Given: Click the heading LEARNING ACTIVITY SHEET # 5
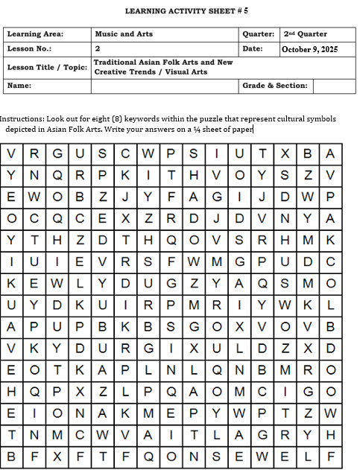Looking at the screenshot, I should [186, 12].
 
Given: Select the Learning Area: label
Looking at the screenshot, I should [35, 34].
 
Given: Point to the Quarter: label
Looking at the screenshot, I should [258, 34].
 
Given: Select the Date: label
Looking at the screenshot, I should [253, 48].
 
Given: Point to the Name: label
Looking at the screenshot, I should [19, 86].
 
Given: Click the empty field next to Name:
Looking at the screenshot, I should [164, 86].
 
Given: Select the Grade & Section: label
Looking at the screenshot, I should [275, 86].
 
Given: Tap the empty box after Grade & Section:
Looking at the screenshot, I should [333, 86].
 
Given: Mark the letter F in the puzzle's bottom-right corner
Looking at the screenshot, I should [331, 454].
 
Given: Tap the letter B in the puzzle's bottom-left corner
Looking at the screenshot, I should [12, 454].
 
